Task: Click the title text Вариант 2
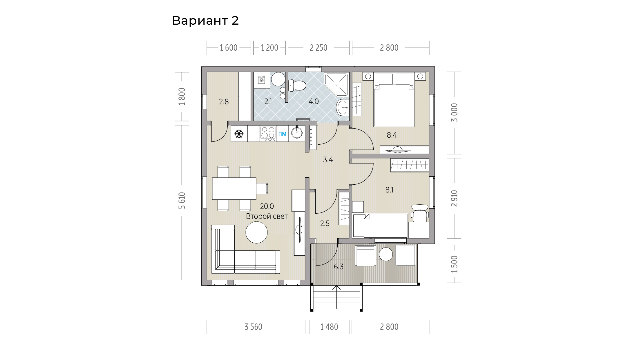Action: click(205, 21)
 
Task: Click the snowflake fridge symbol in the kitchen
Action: click(239, 134)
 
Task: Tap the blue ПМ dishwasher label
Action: click(282, 134)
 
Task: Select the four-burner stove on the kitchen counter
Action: click(268, 134)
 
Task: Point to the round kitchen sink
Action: click(297, 133)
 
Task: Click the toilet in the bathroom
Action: click(297, 86)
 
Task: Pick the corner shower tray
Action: click(336, 84)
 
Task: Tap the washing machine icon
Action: click(262, 79)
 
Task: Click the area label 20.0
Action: click(267, 206)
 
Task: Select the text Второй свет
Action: click(267, 216)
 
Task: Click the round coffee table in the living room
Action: click(257, 232)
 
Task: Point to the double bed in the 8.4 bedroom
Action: click(394, 100)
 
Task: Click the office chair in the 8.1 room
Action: click(419, 213)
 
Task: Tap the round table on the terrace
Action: click(386, 254)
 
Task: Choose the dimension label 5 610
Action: click(182, 200)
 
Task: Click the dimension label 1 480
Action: click(329, 327)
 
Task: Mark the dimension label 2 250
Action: click(319, 48)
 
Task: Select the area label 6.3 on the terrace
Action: click(339, 267)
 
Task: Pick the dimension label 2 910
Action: click(454, 199)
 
